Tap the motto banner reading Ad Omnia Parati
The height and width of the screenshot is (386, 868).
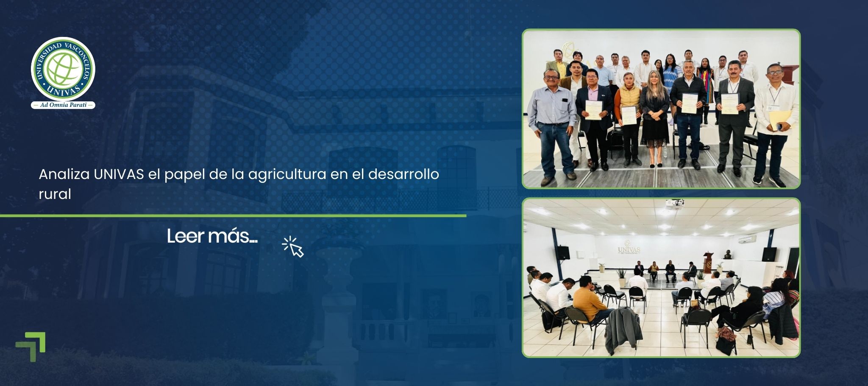point(63,105)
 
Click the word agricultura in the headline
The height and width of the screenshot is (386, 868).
point(287,174)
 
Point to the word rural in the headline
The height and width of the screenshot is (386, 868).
point(55,194)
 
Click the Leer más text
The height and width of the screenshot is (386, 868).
point(212,236)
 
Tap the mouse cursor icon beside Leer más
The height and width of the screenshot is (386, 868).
point(294,247)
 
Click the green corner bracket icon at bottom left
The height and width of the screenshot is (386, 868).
point(31,346)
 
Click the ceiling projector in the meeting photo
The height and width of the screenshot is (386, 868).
point(674,203)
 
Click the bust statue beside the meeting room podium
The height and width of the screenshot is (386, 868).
point(728,255)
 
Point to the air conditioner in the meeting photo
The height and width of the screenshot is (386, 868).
point(747,239)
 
